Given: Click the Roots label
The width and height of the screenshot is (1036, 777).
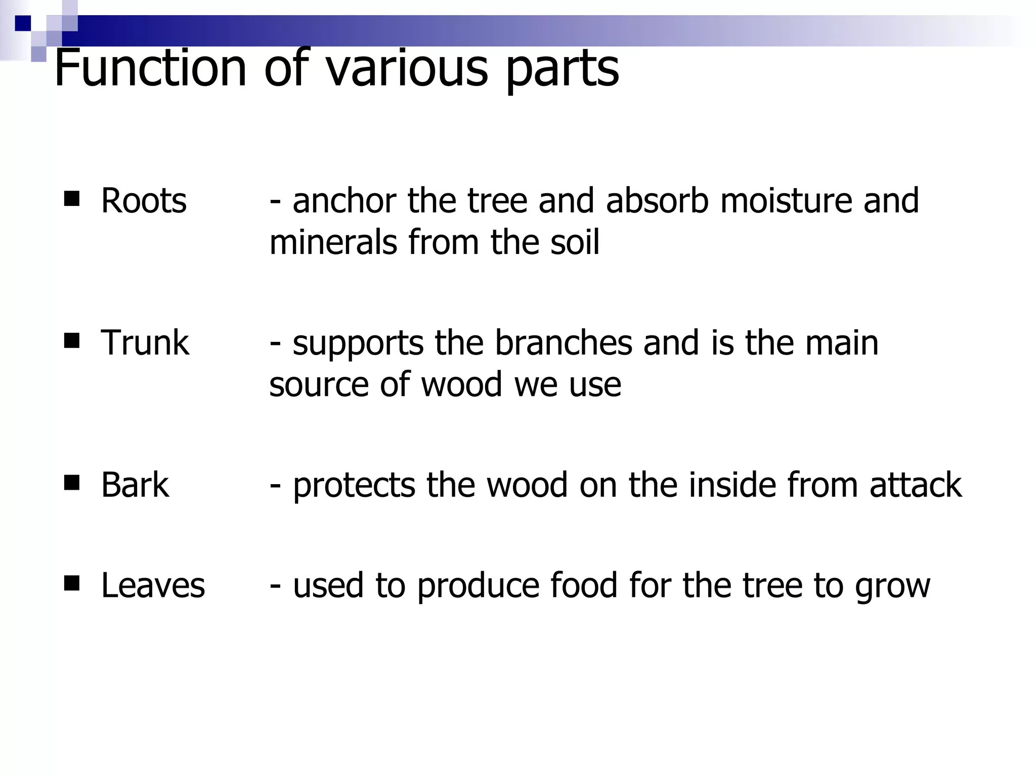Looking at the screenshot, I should click(144, 201).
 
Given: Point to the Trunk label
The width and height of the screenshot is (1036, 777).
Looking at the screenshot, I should click(145, 343).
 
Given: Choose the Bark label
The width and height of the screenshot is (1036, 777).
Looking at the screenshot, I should click(135, 485).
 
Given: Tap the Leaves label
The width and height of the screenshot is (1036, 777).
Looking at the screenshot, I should click(153, 586).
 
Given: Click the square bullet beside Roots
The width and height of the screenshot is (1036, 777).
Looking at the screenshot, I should click(72, 199).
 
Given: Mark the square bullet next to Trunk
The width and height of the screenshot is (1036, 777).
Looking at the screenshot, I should click(72, 341).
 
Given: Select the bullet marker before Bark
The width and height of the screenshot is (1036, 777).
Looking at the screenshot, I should click(72, 483).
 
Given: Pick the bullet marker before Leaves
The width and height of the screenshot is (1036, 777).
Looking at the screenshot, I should click(72, 584).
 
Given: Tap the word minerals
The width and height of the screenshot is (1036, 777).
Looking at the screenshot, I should click(333, 242).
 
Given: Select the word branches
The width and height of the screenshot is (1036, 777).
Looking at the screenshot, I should click(563, 343).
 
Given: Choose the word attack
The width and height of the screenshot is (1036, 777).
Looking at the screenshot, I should click(916, 485).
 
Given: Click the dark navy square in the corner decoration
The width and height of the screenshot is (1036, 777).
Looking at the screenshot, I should click(23, 23).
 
